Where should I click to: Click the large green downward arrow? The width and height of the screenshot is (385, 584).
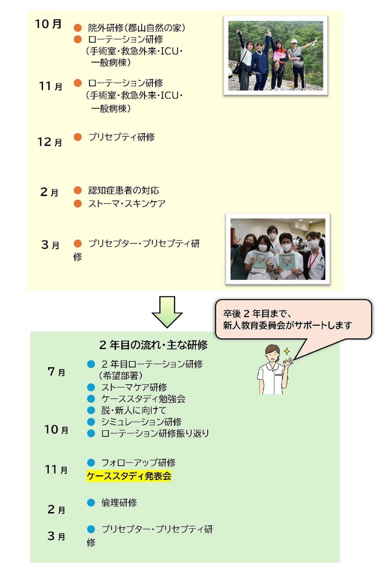[167, 312]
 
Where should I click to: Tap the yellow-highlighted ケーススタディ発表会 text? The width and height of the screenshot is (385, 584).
[129, 476]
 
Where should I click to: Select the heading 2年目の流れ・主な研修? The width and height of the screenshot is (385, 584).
[153, 345]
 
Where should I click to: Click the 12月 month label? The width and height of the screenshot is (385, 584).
[50, 142]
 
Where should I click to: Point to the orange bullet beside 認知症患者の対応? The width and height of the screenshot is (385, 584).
[78, 190]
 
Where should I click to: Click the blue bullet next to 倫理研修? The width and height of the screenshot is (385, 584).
[91, 503]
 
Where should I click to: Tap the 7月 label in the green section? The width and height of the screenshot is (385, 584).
[56, 372]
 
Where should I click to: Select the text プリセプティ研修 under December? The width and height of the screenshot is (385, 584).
[121, 137]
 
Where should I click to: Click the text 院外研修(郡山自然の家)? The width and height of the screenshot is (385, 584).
[137, 28]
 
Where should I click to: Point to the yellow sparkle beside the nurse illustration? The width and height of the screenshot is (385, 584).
[287, 351]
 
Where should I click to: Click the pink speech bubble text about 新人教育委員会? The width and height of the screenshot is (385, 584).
[287, 319]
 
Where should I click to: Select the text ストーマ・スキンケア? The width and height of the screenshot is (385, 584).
[127, 204]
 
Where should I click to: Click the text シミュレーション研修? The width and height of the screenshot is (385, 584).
[141, 422]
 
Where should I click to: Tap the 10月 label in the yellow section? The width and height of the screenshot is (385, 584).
[48, 24]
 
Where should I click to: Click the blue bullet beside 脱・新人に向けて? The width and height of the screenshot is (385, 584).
[91, 410]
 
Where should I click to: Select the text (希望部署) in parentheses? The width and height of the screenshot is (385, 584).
[121, 376]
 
